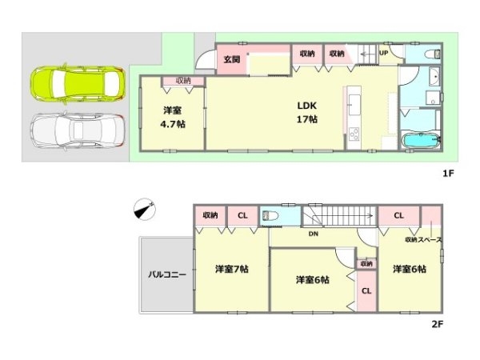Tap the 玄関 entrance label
(x=232, y=59)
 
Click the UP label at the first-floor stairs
(x=383, y=53)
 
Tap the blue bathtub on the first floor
(x=419, y=142)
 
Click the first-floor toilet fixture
(x=429, y=55)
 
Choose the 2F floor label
(x=438, y=324)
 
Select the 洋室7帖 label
(x=230, y=270)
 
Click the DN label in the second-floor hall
(x=315, y=234)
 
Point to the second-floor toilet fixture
(x=270, y=215)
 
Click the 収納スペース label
(x=423, y=239)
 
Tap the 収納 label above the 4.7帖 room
(x=184, y=81)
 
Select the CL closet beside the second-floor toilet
(x=242, y=215)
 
